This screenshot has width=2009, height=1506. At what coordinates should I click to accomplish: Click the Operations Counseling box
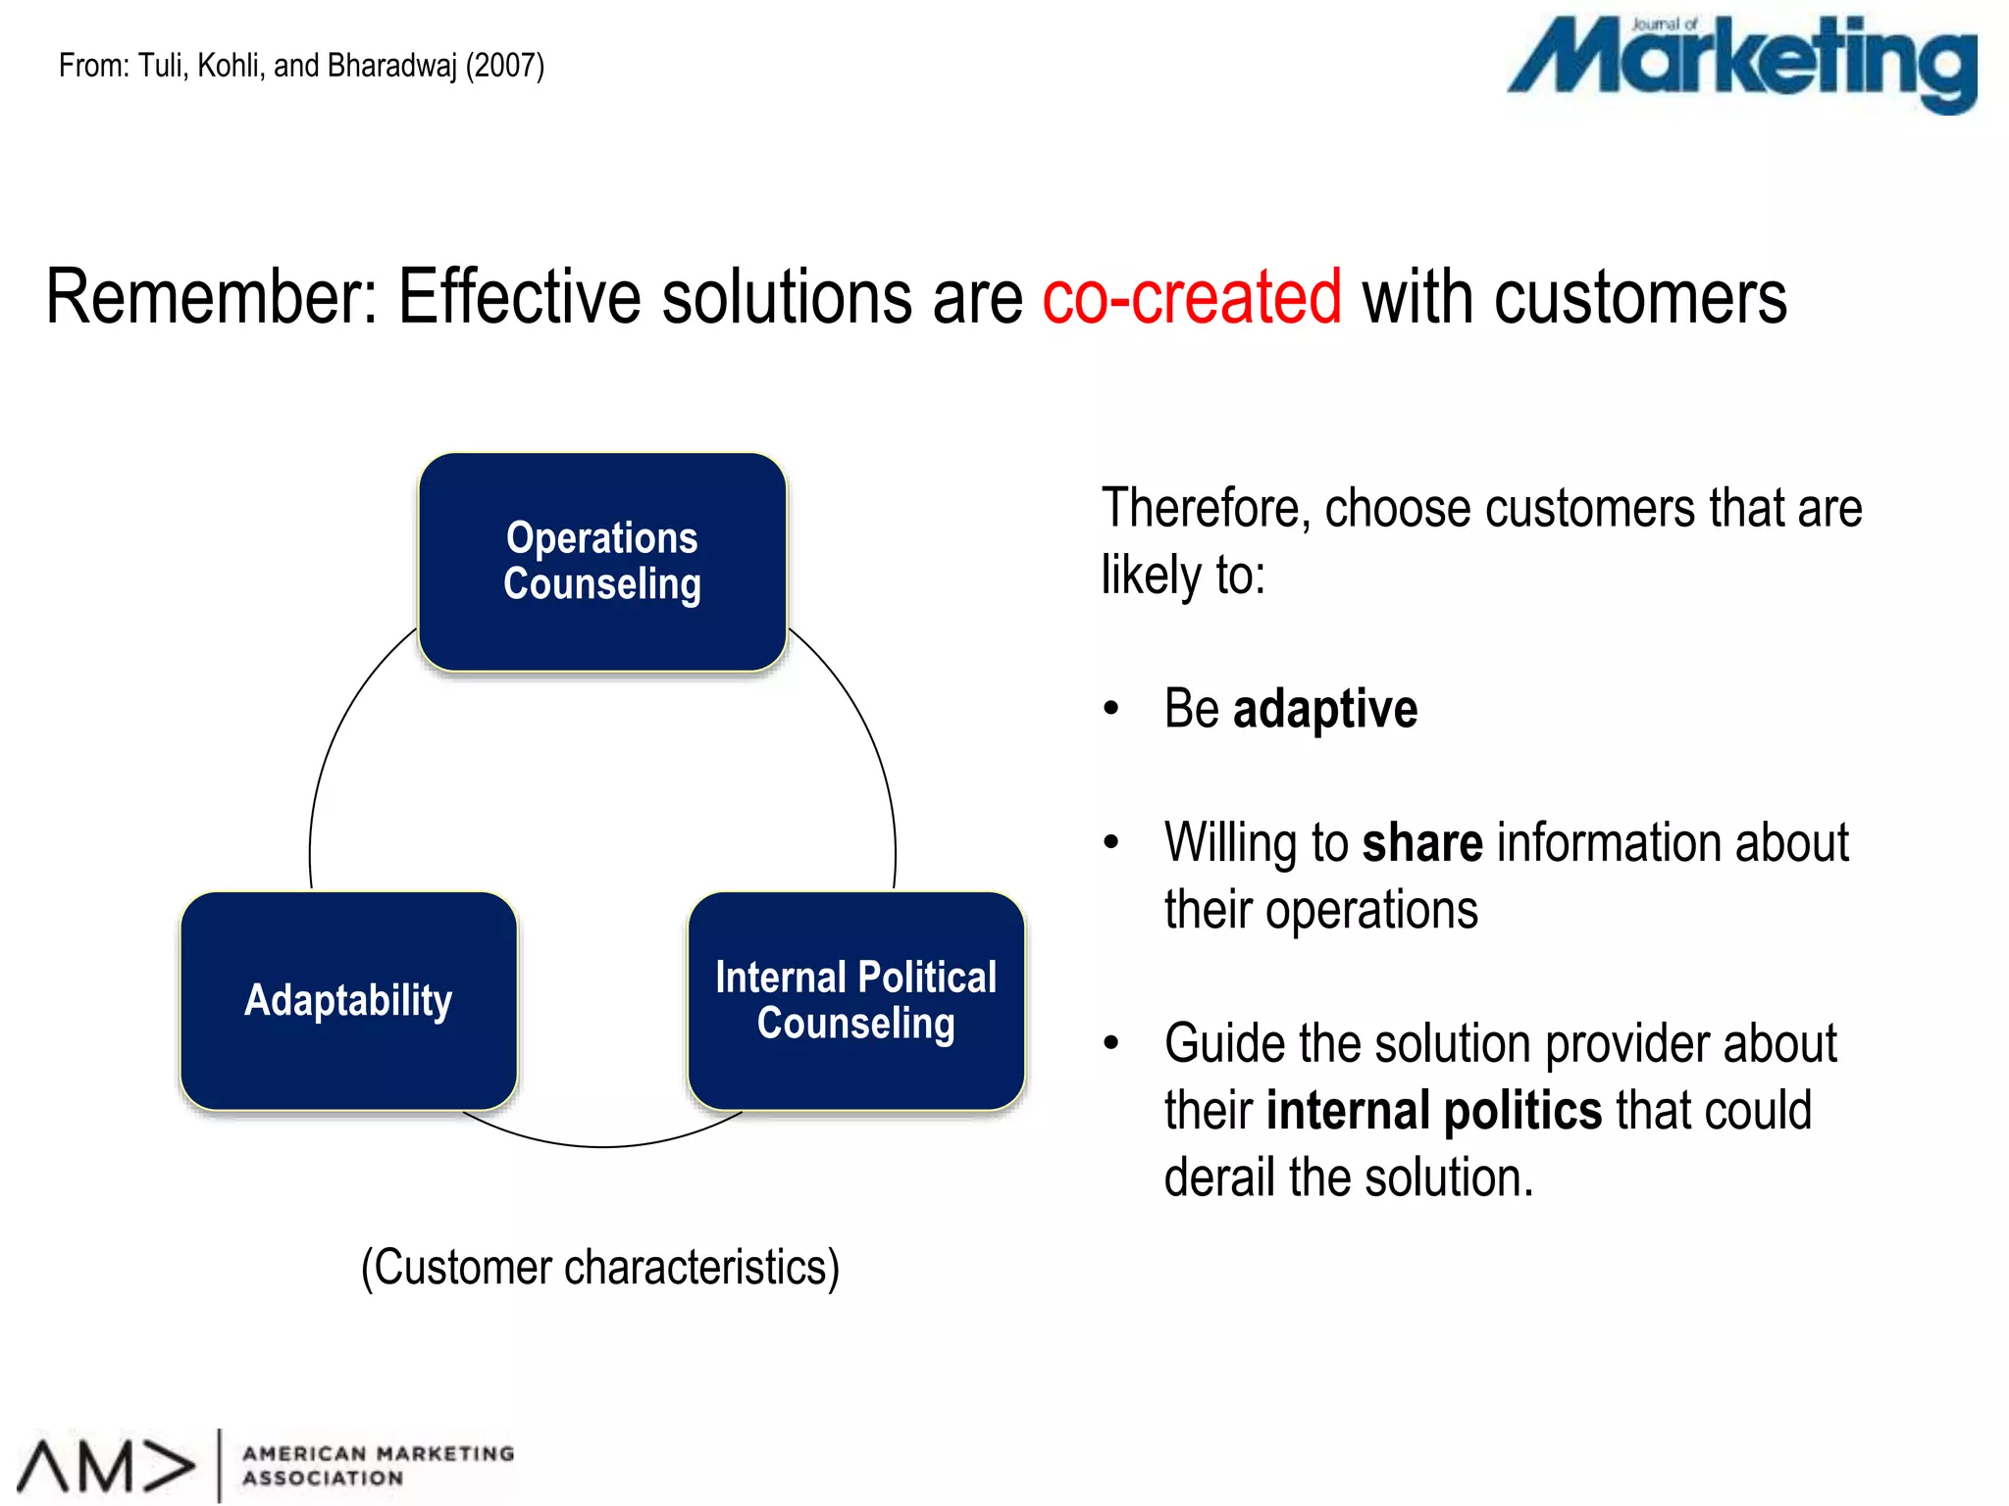coord(601,562)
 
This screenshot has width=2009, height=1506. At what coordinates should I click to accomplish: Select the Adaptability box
coord(348,1000)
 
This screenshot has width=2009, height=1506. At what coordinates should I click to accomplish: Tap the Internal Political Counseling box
coord(855,1000)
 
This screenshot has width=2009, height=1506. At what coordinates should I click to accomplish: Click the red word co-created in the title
coord(1191,297)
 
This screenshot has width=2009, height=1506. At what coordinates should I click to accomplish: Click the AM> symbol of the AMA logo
coord(105,1467)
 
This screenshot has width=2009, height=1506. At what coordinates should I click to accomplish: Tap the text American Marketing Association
coord(378,1465)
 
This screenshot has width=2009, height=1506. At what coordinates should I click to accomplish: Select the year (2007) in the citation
coord(504,66)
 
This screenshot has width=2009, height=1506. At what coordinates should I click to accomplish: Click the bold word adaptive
coord(1324,709)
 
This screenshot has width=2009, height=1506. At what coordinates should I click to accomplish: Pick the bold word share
coord(1421,843)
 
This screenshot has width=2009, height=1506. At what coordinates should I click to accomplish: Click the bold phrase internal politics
coord(1433,1111)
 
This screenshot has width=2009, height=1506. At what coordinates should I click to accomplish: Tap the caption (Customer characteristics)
coord(600,1267)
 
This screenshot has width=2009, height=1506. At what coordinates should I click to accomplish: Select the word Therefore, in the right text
coord(1206,508)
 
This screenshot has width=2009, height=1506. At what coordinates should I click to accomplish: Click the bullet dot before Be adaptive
coord(1110,709)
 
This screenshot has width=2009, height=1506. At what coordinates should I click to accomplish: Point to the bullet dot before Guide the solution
coord(1110,1043)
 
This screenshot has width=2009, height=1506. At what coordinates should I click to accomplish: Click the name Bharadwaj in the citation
coord(391,66)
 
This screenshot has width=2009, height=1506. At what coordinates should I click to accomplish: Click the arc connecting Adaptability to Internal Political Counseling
coord(601,1145)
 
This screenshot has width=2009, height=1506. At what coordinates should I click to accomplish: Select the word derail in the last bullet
coord(1219,1178)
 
